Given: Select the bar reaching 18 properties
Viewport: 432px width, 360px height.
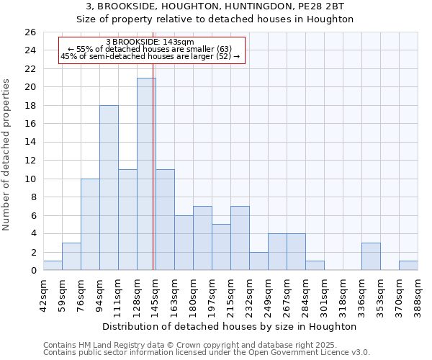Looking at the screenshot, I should click(109, 188).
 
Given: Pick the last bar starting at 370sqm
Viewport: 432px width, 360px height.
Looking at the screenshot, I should click(408, 266).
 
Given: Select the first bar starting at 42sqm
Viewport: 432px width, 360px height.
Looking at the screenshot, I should click(53, 266).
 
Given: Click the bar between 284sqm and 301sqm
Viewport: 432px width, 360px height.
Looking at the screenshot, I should click(315, 266).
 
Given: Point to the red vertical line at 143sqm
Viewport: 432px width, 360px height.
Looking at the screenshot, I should click(153, 180).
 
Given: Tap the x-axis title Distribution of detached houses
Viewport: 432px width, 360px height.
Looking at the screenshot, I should click(231, 326).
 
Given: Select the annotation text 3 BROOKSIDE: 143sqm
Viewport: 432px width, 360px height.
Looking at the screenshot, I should click(150, 42).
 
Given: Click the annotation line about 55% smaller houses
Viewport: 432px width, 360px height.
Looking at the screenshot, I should click(150, 49).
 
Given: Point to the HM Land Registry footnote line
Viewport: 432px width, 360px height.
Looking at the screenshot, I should click(206, 345).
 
